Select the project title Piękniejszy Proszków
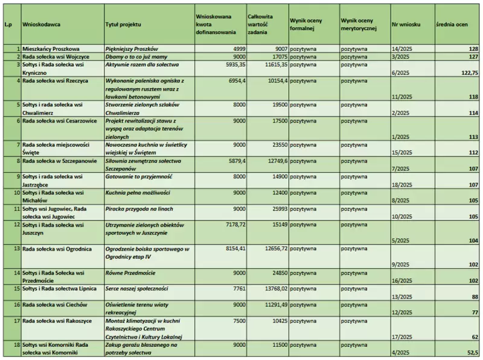[x=131, y=48]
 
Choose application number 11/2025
[x=402, y=96]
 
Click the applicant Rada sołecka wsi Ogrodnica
[x=57, y=248]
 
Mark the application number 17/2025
[x=402, y=336]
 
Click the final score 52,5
[x=472, y=353]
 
